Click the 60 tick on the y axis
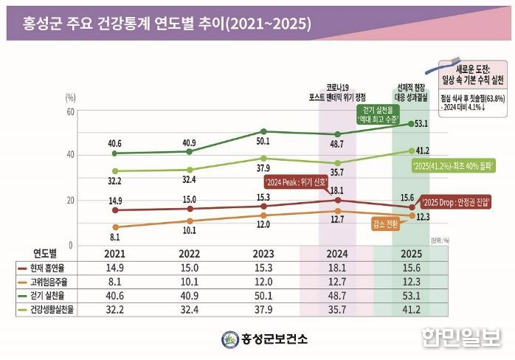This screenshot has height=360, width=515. click(70, 111)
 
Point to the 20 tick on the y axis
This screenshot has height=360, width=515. click(70, 201)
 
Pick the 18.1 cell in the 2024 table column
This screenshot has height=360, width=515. click(336, 267)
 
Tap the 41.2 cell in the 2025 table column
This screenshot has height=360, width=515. click(410, 308)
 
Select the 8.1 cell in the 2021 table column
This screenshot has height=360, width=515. click(114, 280)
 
